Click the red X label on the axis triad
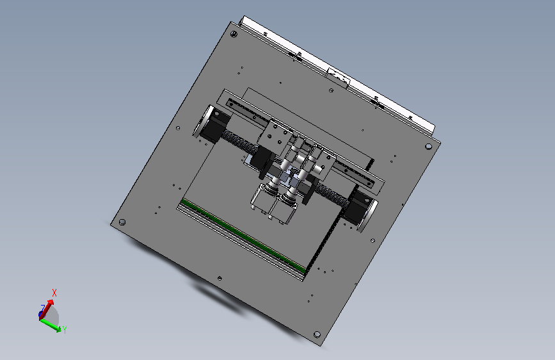(54, 293)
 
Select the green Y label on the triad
(65, 330)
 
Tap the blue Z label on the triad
(43, 307)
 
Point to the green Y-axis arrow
(51, 325)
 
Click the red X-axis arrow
(46, 309)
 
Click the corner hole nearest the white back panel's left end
(234, 34)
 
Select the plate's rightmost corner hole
(428, 146)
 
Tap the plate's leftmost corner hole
(122, 222)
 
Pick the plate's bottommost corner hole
(317, 334)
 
